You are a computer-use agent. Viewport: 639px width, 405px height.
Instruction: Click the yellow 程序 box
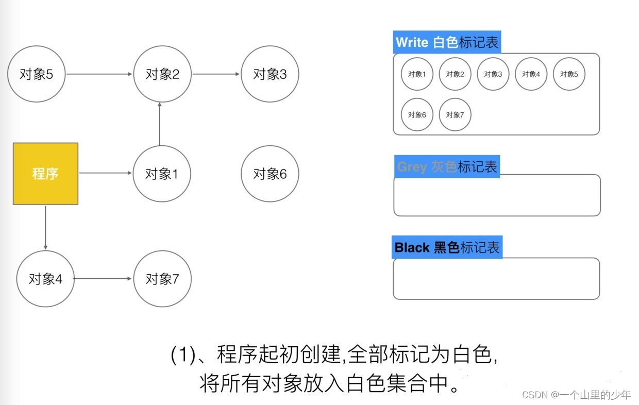tap(45, 174)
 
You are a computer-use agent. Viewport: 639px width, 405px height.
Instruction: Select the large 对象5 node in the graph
tap(36, 74)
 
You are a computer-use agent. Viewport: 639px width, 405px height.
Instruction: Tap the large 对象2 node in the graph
tap(162, 74)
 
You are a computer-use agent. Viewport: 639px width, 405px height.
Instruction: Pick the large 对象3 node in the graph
tap(270, 74)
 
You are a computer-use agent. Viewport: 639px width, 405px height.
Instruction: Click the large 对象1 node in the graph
tap(162, 174)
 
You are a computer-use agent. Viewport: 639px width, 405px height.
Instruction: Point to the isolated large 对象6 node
tap(270, 174)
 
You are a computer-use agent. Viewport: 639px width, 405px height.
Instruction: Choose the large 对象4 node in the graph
tap(45, 279)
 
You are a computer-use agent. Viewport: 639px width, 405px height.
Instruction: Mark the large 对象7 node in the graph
tap(162, 279)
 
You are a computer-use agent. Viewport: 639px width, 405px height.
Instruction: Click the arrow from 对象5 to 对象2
tap(99, 74)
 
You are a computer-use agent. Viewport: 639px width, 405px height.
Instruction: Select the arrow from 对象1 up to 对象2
tap(160, 124)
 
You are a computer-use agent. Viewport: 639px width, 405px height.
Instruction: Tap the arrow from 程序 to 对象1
tap(105, 173)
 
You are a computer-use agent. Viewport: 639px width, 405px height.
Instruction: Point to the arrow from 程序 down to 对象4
tap(45, 227)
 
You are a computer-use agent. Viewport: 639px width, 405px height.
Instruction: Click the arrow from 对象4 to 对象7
tap(103, 279)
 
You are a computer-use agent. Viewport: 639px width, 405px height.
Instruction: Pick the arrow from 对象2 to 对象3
tap(216, 74)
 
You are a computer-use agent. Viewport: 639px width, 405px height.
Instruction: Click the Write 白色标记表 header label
tap(447, 42)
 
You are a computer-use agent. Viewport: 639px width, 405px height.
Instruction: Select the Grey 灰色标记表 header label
tap(447, 166)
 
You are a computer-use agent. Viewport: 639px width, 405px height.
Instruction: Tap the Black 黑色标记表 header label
tap(447, 247)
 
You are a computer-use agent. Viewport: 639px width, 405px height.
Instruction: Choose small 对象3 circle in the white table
tap(493, 74)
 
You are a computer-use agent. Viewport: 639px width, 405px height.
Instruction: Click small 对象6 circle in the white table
tap(417, 114)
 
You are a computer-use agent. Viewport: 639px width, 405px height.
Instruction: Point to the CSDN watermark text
tap(576, 395)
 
